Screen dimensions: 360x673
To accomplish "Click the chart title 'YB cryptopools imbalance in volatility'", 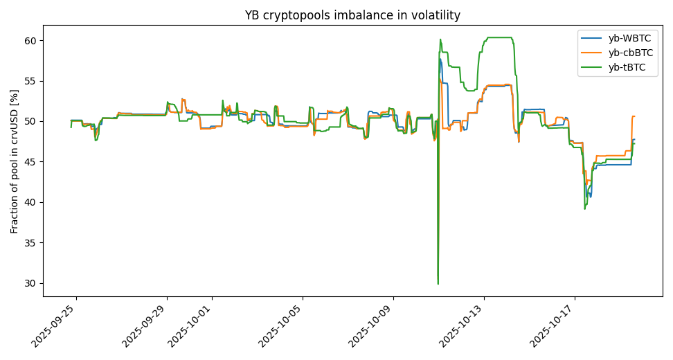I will (352, 15).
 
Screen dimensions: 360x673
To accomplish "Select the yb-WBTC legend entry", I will (629, 39).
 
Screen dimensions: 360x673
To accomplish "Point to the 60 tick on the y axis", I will (30, 41).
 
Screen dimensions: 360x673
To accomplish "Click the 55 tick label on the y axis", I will (30, 81).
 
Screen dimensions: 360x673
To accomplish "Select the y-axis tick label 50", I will (30, 122).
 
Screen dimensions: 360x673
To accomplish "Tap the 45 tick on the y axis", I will (30, 162).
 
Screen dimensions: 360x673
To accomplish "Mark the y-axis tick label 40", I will (30, 202).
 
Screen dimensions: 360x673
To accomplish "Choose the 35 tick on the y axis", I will (30, 243).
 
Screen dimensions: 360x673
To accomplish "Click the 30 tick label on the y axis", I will (30, 283).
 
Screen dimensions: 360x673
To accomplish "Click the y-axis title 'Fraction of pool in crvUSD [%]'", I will (15, 161).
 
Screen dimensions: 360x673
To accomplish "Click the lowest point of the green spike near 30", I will (438, 284).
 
